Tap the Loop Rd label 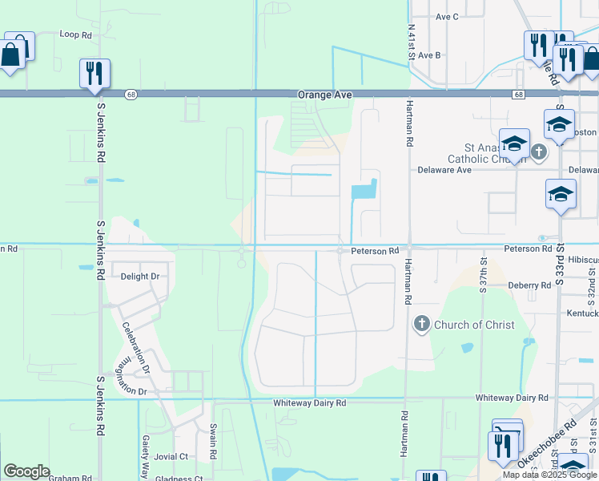tap(76, 34)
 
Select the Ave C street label tap(447, 16)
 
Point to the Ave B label tap(429, 55)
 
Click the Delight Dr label tap(140, 277)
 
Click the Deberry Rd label tap(529, 285)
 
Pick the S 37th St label tap(484, 274)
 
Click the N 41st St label tap(411, 42)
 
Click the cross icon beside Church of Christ tap(421, 324)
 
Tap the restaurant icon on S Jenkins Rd tap(94, 73)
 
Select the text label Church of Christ tap(468, 325)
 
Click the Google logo tap(26, 471)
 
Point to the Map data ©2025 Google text tap(549, 475)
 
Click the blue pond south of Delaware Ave tap(364, 191)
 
